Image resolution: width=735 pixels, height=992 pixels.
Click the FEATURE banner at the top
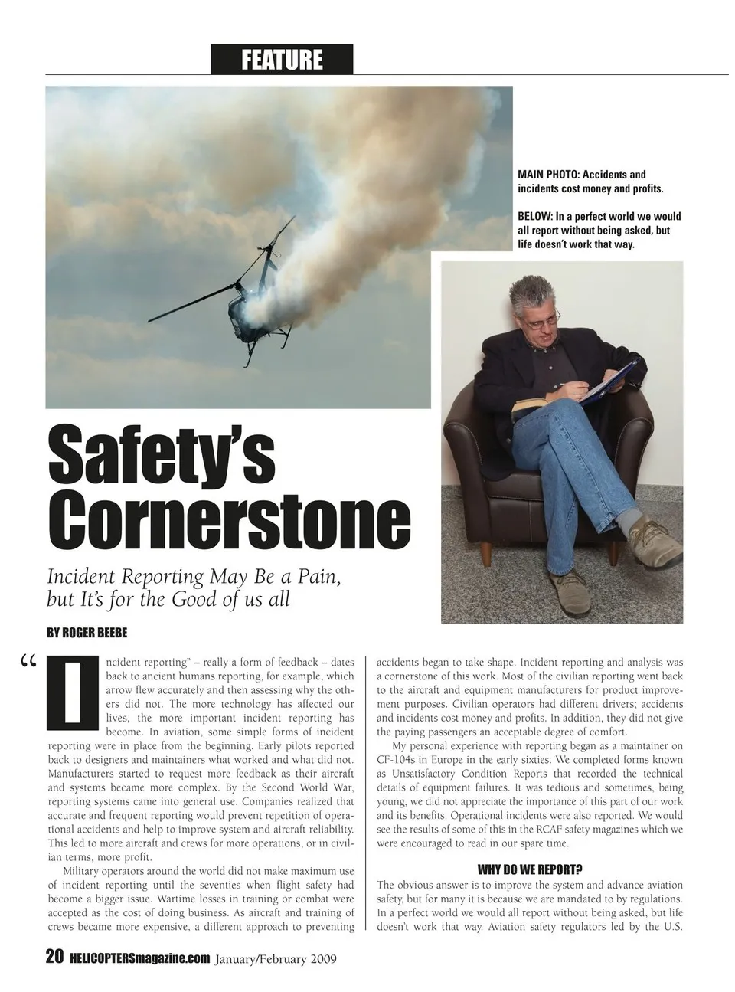(x=282, y=59)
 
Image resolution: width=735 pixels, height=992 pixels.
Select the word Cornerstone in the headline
(x=229, y=522)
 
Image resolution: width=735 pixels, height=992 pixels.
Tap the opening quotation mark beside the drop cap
(x=30, y=662)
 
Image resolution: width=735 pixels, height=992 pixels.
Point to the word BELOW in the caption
(x=534, y=217)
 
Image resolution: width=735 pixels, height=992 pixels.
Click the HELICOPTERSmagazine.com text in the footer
(x=139, y=958)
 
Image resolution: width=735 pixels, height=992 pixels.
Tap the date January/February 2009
(x=276, y=958)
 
